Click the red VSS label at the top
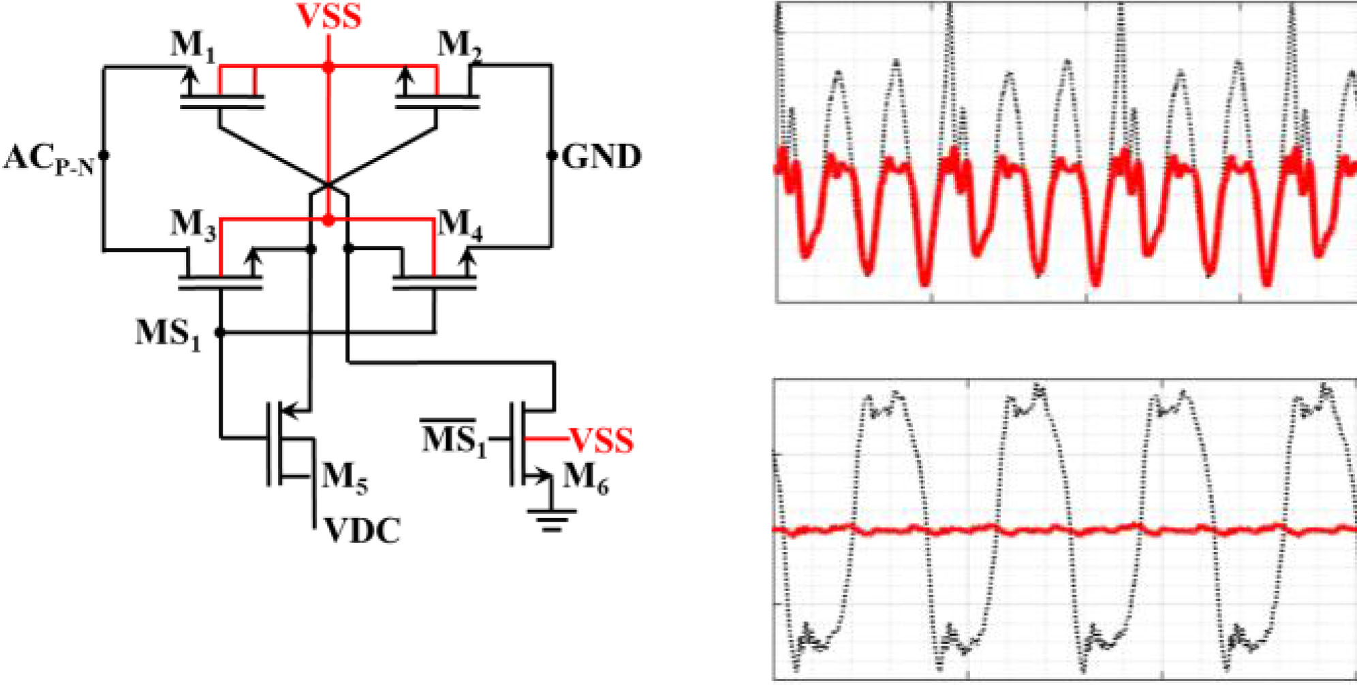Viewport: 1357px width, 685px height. (x=329, y=16)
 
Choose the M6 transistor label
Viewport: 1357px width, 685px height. (x=585, y=477)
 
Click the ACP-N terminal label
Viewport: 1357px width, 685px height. (x=48, y=159)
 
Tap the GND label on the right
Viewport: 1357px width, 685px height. (x=602, y=157)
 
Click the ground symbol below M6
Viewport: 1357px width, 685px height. (x=551, y=521)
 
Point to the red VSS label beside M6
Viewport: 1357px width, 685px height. (x=601, y=441)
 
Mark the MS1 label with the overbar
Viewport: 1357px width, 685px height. (x=454, y=439)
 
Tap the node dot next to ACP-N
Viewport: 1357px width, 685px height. (x=104, y=155)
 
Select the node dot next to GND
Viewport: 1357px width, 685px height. (x=552, y=155)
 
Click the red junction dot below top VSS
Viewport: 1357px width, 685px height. (x=328, y=67)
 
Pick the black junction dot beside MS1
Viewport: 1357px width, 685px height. (x=219, y=332)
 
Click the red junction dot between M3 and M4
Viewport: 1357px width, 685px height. (x=328, y=220)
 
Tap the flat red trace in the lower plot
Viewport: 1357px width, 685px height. (x=1063, y=529)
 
